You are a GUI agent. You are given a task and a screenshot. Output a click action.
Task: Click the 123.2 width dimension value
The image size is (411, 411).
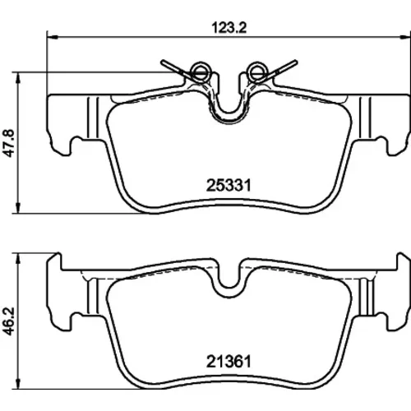tap(229, 28)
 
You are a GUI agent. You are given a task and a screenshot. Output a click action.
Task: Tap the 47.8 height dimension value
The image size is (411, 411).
tap(10, 143)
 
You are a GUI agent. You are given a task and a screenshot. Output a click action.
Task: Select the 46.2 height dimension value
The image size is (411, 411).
tap(10, 321)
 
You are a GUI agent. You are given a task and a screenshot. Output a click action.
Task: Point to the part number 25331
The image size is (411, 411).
tap(229, 186)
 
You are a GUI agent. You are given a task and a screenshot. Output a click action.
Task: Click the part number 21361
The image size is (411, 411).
tap(229, 362)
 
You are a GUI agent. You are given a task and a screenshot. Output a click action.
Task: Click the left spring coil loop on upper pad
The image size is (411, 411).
tap(201, 72)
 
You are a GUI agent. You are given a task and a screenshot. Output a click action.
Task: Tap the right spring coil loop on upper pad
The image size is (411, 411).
tap(257, 72)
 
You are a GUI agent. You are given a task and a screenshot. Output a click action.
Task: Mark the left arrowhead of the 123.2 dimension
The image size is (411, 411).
tap(53, 36)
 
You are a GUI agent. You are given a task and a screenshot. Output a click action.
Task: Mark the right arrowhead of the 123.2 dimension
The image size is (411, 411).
tap(406, 36)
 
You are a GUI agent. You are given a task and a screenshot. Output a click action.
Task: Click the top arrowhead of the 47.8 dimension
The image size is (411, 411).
tap(18, 78)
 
